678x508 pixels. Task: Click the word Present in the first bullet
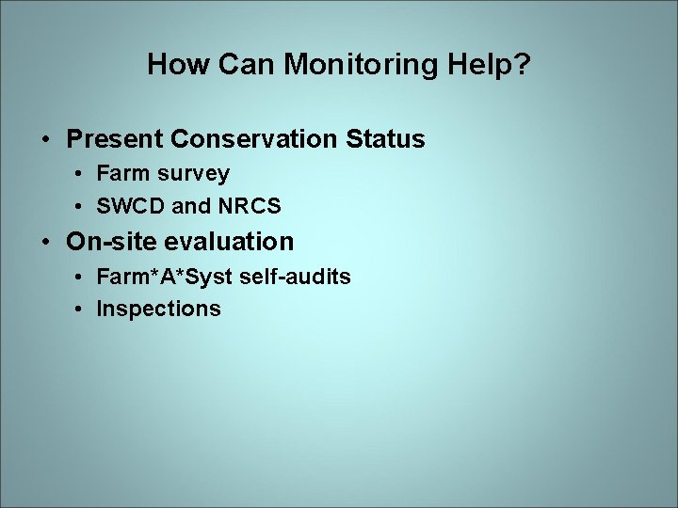click(x=115, y=140)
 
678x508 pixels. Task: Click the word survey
click(x=193, y=174)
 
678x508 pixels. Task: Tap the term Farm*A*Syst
click(x=157, y=277)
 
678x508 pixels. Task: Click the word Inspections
click(x=158, y=309)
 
